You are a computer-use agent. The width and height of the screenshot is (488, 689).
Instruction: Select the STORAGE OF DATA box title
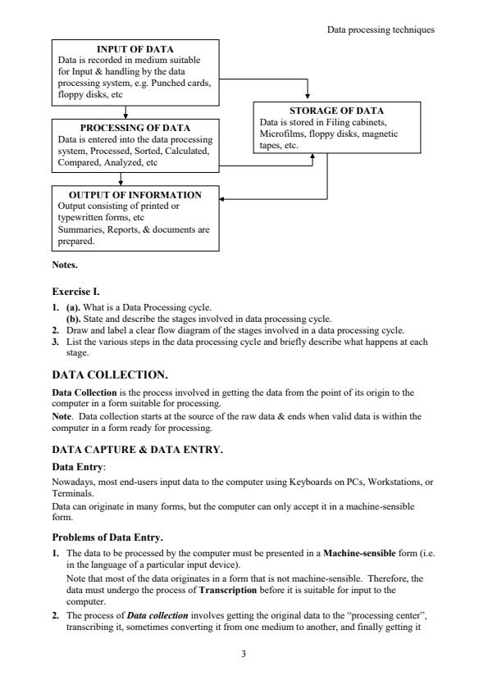point(336,111)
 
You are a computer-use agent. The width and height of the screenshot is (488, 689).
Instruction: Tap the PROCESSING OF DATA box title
point(135,128)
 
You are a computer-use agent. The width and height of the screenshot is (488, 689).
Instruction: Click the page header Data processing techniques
point(381,29)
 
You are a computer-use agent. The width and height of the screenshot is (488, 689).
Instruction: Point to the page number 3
point(244,654)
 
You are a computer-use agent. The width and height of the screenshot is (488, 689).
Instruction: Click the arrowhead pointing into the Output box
point(225,197)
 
